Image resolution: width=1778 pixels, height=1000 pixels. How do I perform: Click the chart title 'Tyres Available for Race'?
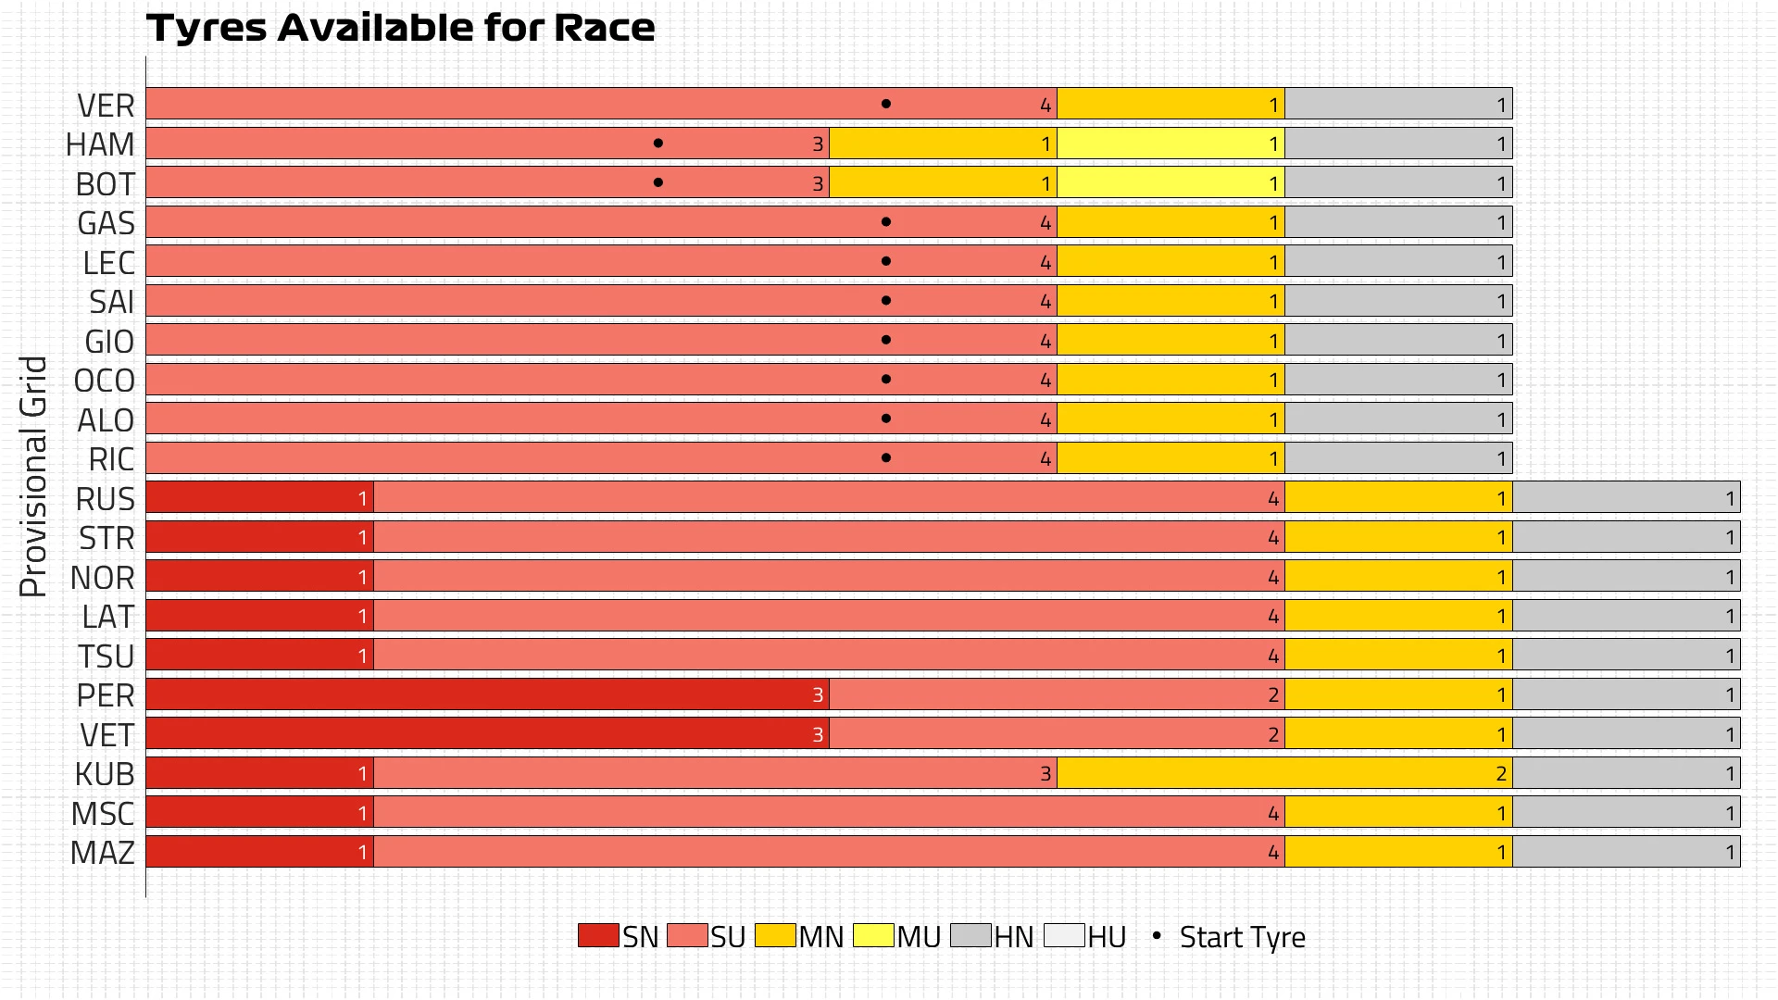tap(400, 28)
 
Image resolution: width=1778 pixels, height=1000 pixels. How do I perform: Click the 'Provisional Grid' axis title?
tap(33, 476)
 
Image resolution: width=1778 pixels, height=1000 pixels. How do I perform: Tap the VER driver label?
tap(106, 106)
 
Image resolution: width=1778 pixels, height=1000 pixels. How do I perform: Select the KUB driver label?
tap(105, 774)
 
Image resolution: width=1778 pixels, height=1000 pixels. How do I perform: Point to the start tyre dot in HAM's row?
tap(657, 144)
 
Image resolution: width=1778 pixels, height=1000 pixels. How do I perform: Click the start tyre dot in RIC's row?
tap(886, 458)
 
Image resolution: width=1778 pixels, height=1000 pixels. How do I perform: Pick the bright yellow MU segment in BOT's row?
tap(1171, 183)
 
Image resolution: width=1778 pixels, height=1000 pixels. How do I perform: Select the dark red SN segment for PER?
tap(487, 694)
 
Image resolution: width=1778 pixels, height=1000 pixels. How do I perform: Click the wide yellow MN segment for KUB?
tap(1284, 773)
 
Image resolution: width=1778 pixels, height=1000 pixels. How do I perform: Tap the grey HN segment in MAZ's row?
tap(1626, 852)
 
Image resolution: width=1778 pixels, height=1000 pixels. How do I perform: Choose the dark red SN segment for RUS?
tap(259, 498)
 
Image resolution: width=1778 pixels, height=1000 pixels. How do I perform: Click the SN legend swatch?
tap(598, 935)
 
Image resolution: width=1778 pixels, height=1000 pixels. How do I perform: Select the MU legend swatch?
tap(872, 935)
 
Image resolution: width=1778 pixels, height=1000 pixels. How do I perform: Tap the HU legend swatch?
tap(1063, 935)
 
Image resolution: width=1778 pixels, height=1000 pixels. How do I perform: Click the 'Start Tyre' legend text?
tap(1242, 937)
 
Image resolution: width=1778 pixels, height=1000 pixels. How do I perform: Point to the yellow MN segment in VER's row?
tap(1171, 104)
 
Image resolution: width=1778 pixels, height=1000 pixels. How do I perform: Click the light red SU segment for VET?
tap(1057, 734)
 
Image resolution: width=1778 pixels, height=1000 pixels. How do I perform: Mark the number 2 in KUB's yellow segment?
tap(1500, 774)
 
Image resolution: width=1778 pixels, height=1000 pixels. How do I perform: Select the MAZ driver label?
tap(103, 853)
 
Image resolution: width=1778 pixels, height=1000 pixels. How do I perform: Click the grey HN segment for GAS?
tap(1398, 222)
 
